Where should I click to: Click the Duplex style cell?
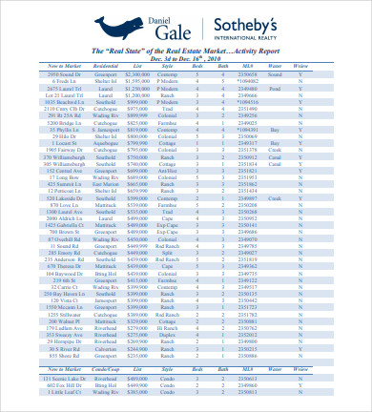pos(167,335)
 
